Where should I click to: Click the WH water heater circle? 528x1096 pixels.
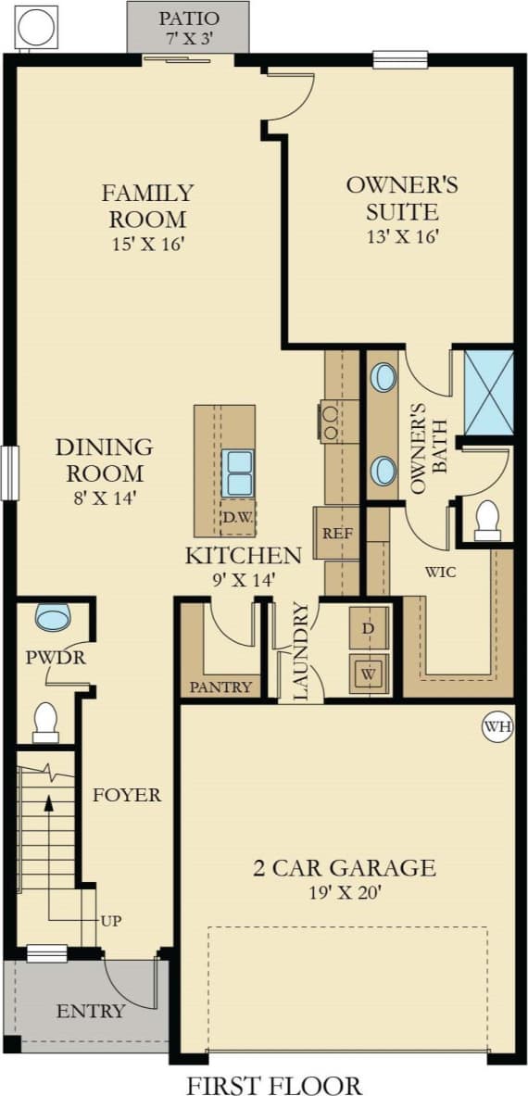click(497, 727)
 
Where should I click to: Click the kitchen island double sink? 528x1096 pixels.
click(239, 472)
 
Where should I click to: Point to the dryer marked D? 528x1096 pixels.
click(369, 629)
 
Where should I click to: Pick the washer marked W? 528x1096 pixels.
click(369, 674)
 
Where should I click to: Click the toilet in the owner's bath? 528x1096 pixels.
click(487, 521)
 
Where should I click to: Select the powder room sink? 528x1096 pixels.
click(53, 617)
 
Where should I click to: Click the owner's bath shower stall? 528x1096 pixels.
click(487, 392)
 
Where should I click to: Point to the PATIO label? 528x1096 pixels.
click(189, 19)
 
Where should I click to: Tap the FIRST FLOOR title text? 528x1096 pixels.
click(274, 1084)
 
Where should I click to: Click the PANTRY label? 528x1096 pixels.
click(220, 687)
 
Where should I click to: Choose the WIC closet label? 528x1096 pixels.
click(440, 572)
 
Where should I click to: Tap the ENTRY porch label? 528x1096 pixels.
click(90, 1011)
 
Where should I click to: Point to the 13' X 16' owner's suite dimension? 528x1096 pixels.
click(402, 236)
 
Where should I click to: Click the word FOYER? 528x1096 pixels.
click(126, 795)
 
